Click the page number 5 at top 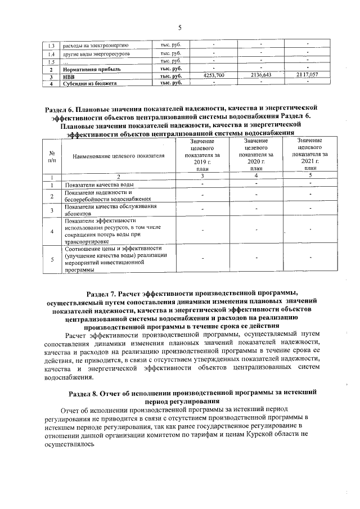180,28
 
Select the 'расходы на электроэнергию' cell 96,45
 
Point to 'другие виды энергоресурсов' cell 96,53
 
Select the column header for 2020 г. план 256,155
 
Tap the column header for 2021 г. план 309,155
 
